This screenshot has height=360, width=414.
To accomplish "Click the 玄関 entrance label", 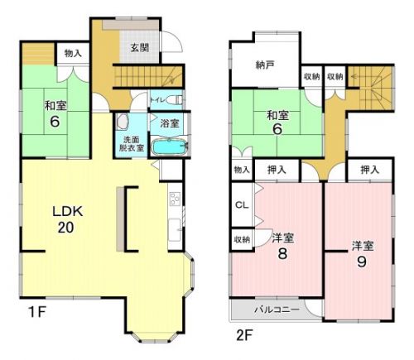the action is [x=140, y=48].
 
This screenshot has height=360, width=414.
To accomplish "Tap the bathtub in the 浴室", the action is [x=170, y=147].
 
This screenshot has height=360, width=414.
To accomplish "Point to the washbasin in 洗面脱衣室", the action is [x=123, y=122].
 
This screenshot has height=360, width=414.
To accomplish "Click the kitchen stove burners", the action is [x=175, y=199].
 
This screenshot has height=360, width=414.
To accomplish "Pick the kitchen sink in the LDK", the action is [x=174, y=229].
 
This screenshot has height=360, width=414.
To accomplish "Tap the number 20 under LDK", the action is [x=65, y=228].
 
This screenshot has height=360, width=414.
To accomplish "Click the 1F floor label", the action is [x=36, y=312].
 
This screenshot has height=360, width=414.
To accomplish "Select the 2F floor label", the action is [x=244, y=335].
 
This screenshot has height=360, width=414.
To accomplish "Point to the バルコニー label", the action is [x=277, y=310].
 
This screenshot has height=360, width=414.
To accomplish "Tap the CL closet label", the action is [x=242, y=204].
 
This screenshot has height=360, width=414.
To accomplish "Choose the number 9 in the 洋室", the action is [x=362, y=262].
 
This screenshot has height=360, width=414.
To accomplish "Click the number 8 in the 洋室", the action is [x=282, y=253].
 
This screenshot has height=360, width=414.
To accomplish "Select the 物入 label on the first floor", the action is [x=73, y=53].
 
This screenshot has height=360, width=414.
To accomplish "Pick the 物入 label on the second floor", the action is [x=242, y=170].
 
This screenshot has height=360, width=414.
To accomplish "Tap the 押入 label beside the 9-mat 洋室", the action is [x=369, y=170].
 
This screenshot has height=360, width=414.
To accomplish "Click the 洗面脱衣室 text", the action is [x=132, y=144].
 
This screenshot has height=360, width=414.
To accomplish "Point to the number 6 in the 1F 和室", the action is [x=55, y=122].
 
